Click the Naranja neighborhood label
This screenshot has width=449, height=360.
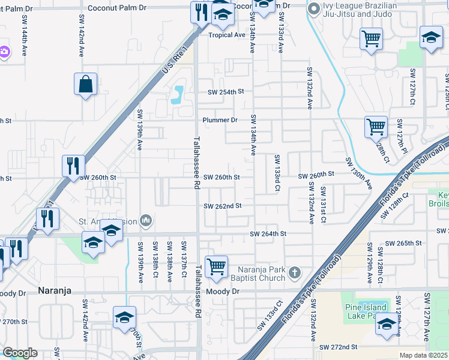[55, 290]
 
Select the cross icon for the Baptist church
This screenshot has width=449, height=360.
[294, 273]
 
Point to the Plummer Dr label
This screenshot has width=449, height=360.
[220, 120]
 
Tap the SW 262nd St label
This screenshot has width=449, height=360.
[222, 206]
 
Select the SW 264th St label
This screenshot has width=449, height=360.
[268, 233]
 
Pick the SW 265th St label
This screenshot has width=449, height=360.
[405, 243]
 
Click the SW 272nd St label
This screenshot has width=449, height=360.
[338, 347]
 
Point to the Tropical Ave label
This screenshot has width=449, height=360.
[227, 35]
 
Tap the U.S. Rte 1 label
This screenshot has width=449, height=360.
[175, 59]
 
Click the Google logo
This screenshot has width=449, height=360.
[20, 353]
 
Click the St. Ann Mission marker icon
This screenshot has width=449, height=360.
[145, 221]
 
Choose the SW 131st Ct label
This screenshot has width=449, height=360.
[323, 205]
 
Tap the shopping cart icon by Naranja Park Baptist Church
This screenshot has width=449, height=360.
[216, 265]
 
